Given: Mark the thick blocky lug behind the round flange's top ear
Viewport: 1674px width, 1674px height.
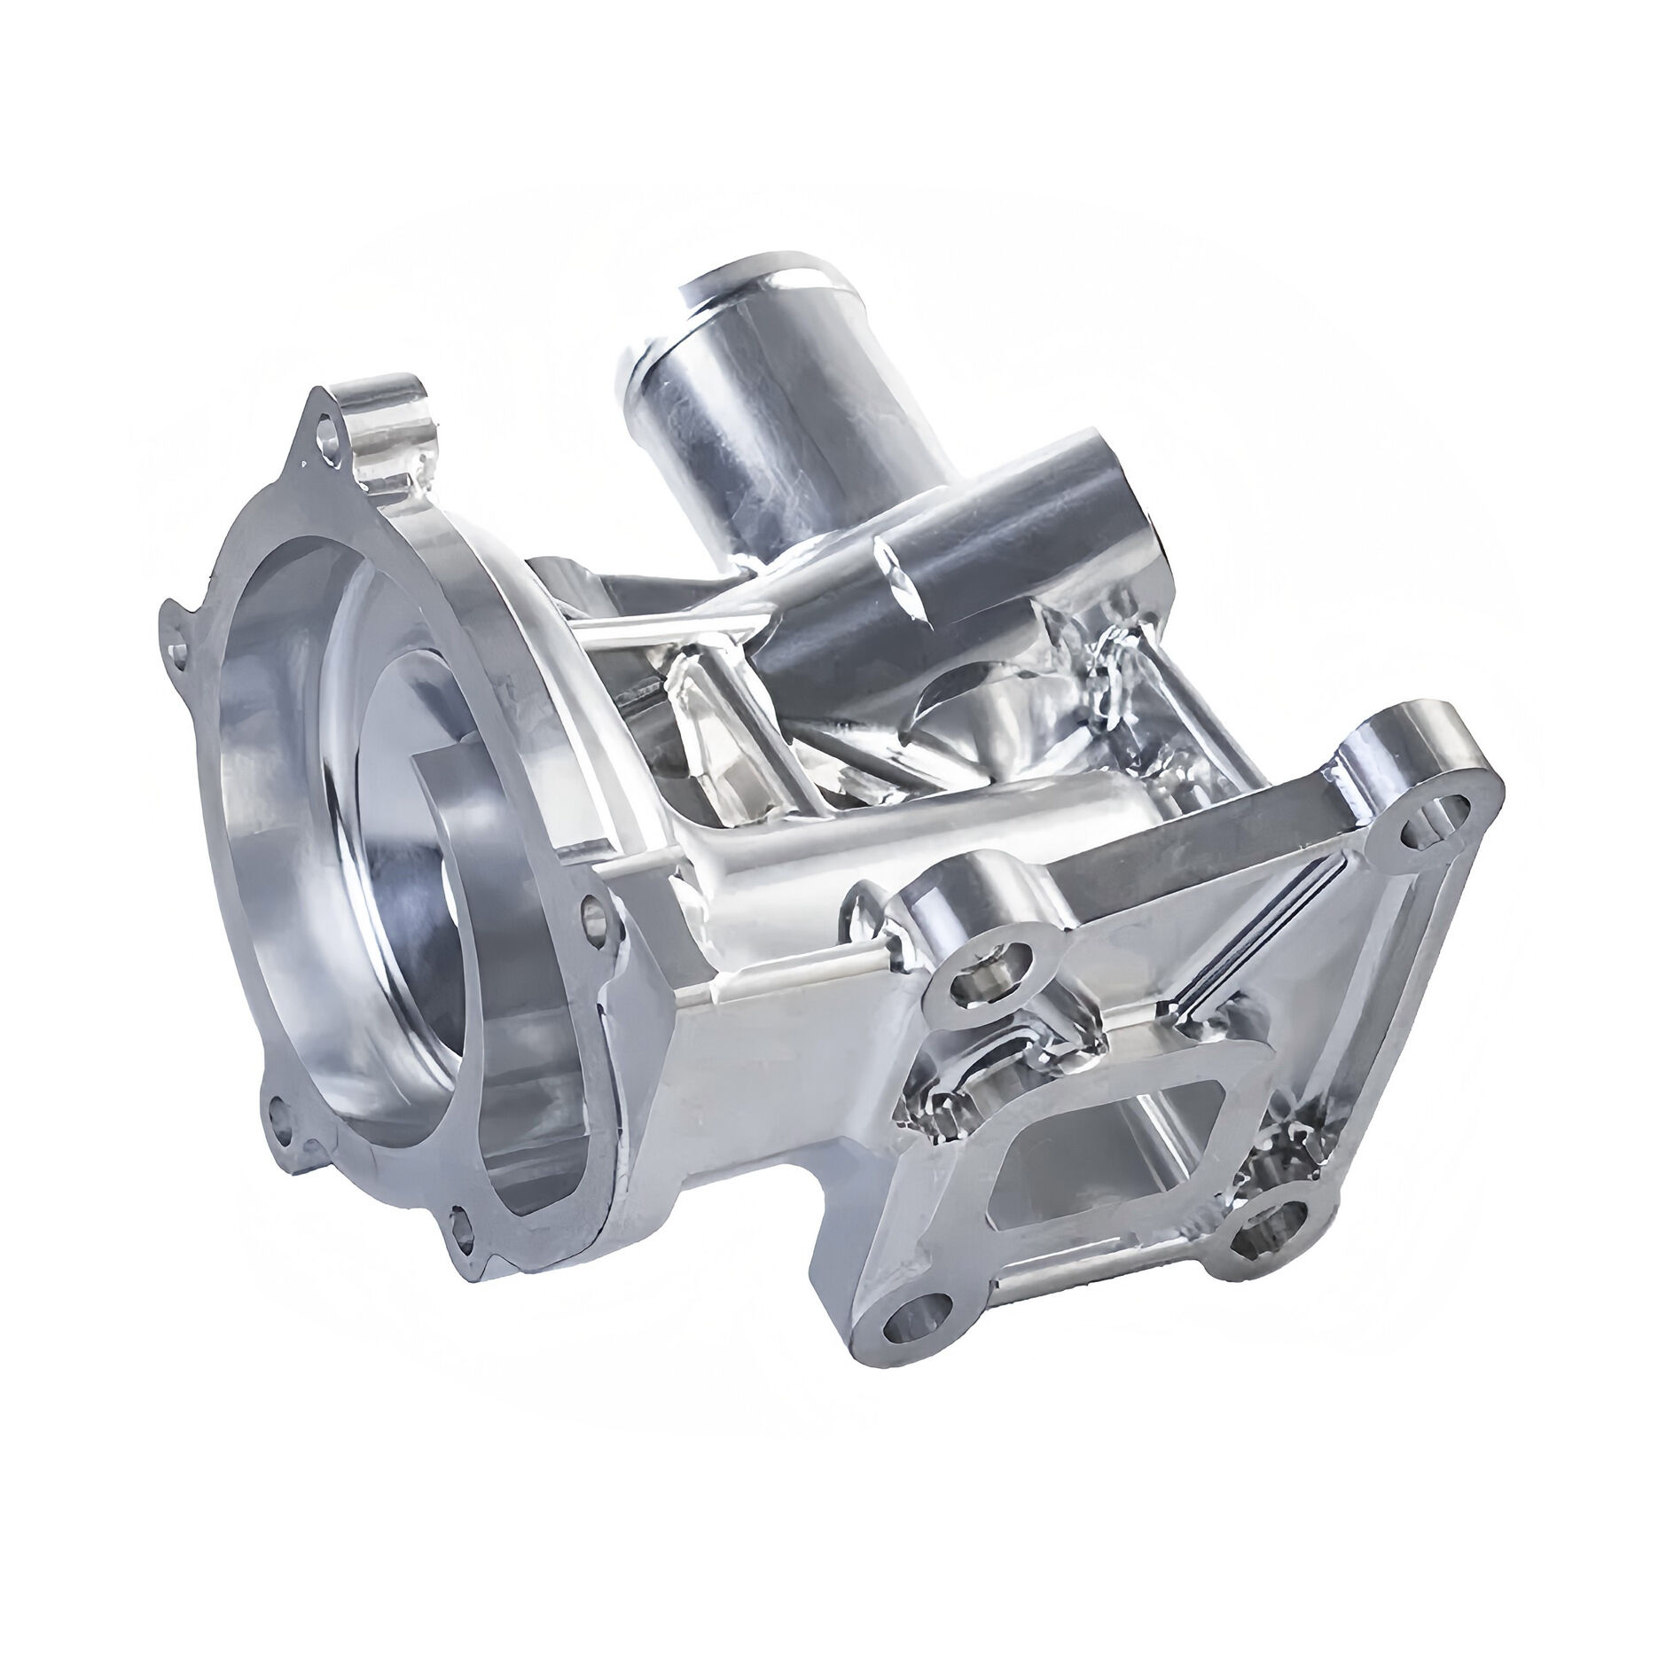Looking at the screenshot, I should (x=390, y=426).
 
